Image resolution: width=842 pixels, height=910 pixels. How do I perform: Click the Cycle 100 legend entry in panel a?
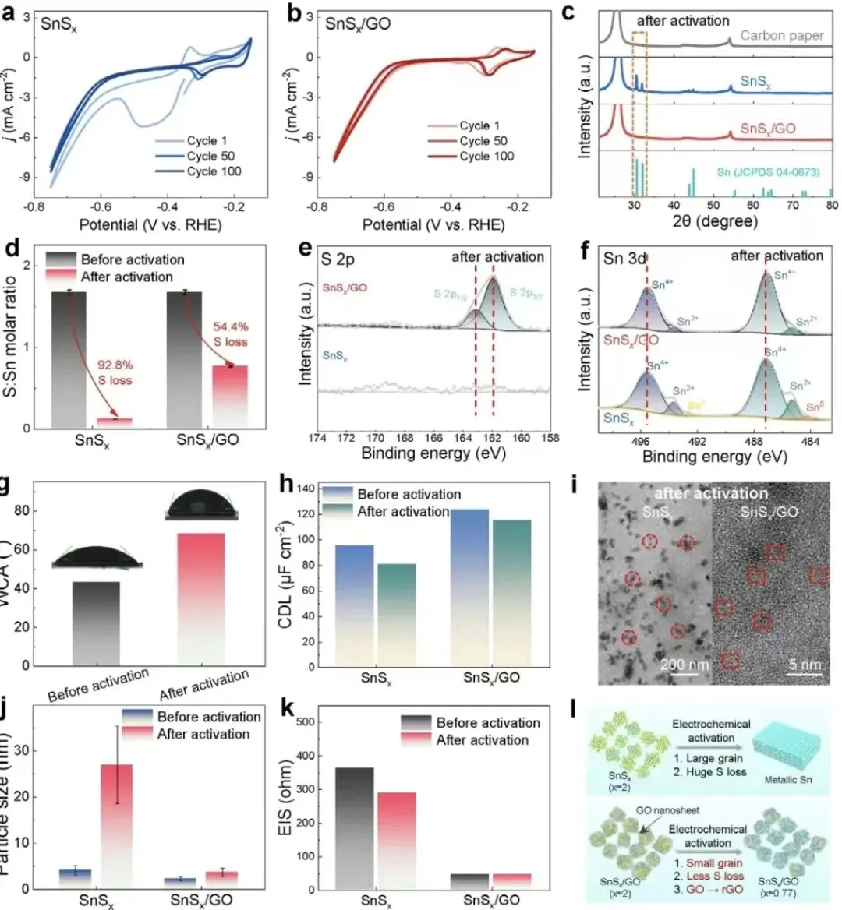pos(214,171)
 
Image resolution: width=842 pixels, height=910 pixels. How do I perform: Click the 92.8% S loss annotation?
pos(114,372)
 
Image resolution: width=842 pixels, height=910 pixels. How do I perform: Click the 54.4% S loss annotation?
pos(231,334)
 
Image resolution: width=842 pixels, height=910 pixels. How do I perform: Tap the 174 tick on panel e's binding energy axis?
pos(317,438)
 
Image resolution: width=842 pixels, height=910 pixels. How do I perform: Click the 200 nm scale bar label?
pos(685,664)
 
